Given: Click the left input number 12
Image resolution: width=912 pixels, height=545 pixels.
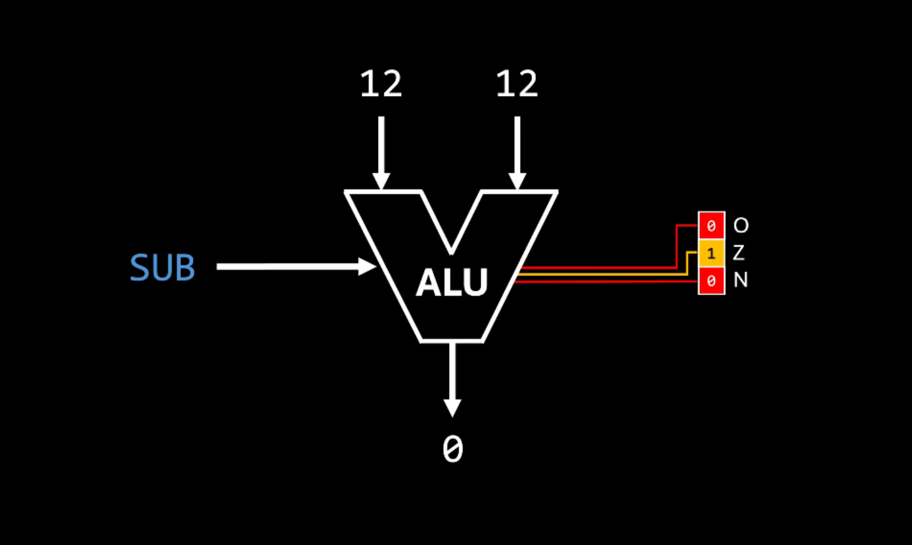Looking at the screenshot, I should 381,84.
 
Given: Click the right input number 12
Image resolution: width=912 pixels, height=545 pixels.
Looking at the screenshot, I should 517,84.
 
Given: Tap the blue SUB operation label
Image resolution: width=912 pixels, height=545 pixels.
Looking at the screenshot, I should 162,267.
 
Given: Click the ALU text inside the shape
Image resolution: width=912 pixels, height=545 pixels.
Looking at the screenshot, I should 452,282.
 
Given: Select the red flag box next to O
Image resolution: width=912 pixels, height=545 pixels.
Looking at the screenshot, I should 711,225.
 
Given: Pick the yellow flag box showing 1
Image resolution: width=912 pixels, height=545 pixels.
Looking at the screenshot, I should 711,253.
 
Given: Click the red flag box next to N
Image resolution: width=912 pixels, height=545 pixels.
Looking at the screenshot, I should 711,281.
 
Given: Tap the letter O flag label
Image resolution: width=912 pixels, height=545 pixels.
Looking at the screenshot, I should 741,225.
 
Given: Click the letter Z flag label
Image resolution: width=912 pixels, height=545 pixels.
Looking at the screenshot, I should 739,253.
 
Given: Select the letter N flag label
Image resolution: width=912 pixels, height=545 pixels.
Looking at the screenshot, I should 741,280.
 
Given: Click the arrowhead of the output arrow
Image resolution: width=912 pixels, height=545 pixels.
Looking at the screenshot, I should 452,407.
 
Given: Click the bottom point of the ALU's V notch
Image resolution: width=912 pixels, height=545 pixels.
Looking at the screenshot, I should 452,251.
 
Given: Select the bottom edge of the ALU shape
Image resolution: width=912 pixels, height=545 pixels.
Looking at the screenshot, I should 452,340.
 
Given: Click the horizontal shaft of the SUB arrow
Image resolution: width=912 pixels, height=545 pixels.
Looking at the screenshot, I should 288,266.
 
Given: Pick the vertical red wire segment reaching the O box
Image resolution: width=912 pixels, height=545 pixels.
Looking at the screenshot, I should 677,246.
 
